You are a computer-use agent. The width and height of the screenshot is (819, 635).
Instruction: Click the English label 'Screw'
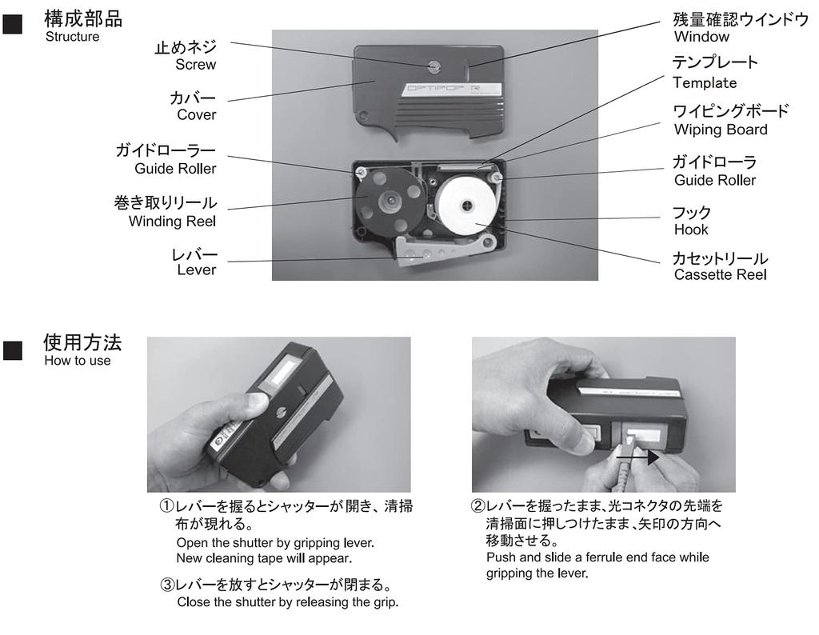(195, 65)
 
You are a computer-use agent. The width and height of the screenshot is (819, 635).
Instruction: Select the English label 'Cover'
(196, 114)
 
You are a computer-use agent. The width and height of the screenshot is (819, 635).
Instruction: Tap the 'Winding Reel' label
(172, 221)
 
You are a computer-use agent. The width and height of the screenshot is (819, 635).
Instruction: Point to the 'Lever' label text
(196, 270)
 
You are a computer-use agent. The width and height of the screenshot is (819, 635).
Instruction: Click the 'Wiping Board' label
(720, 130)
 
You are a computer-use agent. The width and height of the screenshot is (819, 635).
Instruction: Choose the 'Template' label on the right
(704, 82)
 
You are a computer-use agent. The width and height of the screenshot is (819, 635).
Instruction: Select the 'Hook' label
(690, 230)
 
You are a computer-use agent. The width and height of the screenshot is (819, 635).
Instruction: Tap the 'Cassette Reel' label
(720, 275)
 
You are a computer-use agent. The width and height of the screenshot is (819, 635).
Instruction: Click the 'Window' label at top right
(701, 37)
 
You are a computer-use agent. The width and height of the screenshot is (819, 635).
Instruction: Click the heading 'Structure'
(72, 37)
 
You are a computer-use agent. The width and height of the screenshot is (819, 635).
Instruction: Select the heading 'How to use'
(78, 361)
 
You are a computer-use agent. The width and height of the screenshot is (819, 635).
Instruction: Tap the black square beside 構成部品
(13, 25)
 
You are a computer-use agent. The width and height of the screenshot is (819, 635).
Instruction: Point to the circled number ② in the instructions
(477, 507)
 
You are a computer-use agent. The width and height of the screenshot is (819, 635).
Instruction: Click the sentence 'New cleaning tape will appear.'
(263, 557)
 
